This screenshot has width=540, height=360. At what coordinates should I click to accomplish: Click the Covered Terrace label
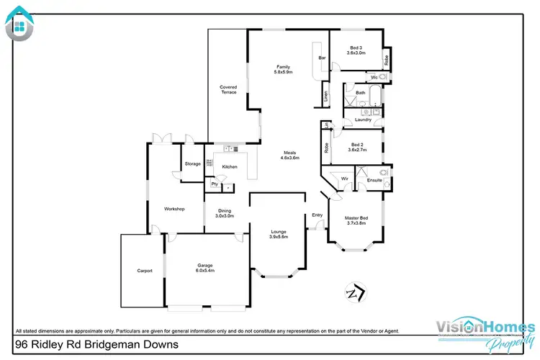click(228, 90)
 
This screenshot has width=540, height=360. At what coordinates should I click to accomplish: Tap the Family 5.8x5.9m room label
click(282, 70)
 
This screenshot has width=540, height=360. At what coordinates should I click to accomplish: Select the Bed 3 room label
click(357, 50)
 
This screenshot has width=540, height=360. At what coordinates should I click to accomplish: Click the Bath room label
click(360, 93)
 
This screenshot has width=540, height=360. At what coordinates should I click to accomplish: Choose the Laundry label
click(363, 120)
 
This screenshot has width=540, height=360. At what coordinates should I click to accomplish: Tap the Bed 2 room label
click(357, 147)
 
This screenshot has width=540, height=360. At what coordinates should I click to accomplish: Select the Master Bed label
click(357, 220)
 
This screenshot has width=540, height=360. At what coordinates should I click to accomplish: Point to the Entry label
click(318, 215)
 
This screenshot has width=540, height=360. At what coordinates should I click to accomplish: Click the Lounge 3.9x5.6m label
click(279, 234)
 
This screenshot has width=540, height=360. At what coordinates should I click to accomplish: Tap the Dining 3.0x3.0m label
click(225, 213)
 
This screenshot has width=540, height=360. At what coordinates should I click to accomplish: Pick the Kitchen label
click(230, 167)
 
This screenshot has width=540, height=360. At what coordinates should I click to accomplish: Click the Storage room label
click(192, 164)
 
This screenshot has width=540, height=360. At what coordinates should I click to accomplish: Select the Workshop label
click(174, 209)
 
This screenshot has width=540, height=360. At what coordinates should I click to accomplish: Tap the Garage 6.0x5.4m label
click(207, 268)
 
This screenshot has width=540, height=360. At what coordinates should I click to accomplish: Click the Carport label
click(145, 271)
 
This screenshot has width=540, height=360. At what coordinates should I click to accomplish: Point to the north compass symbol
click(354, 293)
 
